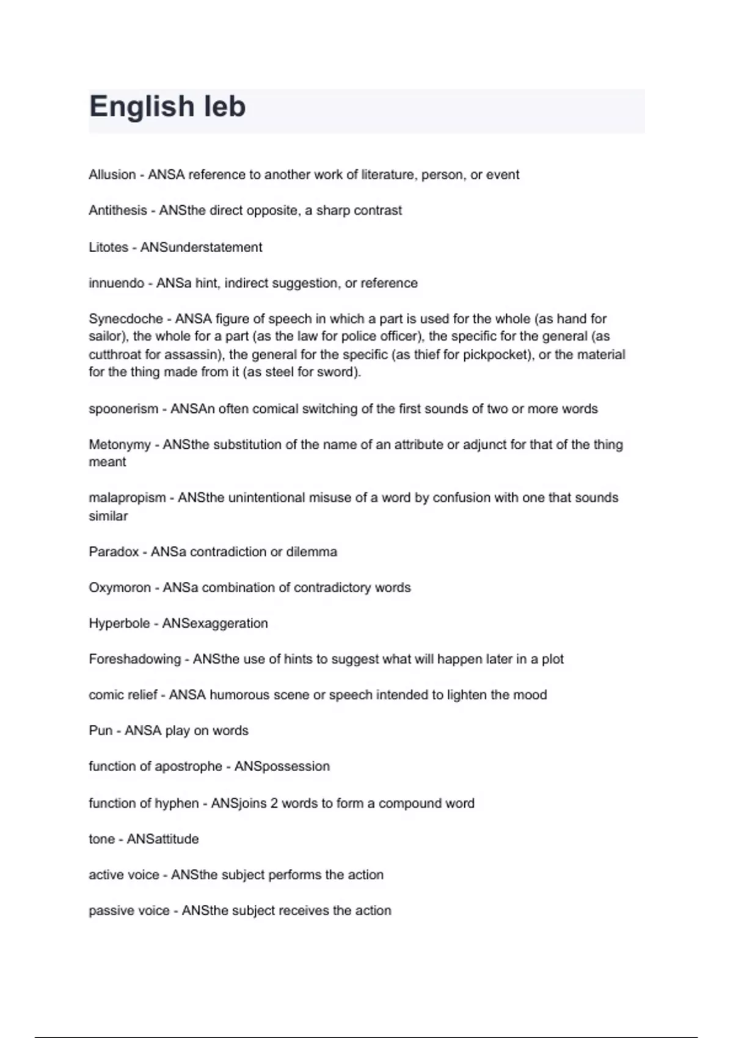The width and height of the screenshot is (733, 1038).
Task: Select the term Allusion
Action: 112,175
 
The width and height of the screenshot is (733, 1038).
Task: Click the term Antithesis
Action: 118,211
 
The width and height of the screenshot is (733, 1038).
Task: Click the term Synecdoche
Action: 125,319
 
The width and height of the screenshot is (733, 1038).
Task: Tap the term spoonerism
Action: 123,409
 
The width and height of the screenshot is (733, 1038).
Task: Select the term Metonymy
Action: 120,445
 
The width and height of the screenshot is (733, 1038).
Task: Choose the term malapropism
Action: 127,498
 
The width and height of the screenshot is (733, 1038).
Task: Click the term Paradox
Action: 114,552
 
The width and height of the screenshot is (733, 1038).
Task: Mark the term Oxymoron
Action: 120,587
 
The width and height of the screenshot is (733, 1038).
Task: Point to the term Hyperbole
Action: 119,623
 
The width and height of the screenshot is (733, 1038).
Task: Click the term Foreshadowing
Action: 134,659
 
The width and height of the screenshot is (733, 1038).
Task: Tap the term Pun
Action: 101,731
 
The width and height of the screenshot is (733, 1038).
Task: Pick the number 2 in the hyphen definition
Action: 274,804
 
